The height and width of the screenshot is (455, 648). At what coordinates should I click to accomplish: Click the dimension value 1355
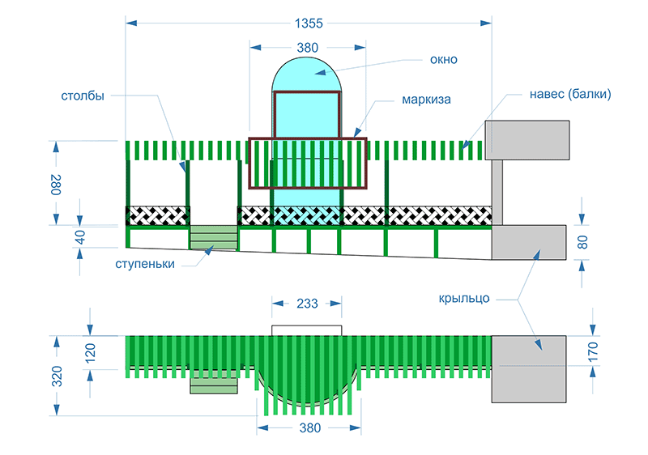tap(308, 22)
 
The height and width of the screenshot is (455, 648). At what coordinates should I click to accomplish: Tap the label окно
tap(444, 59)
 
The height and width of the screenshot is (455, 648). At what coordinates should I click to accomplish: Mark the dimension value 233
tap(307, 304)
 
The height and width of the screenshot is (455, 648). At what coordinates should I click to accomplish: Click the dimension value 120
tap(90, 353)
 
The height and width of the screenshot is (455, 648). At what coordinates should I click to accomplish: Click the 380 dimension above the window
tap(307, 48)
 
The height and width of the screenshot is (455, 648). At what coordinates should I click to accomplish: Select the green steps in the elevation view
tap(214, 238)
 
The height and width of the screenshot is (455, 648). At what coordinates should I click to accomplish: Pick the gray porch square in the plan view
tap(529, 368)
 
